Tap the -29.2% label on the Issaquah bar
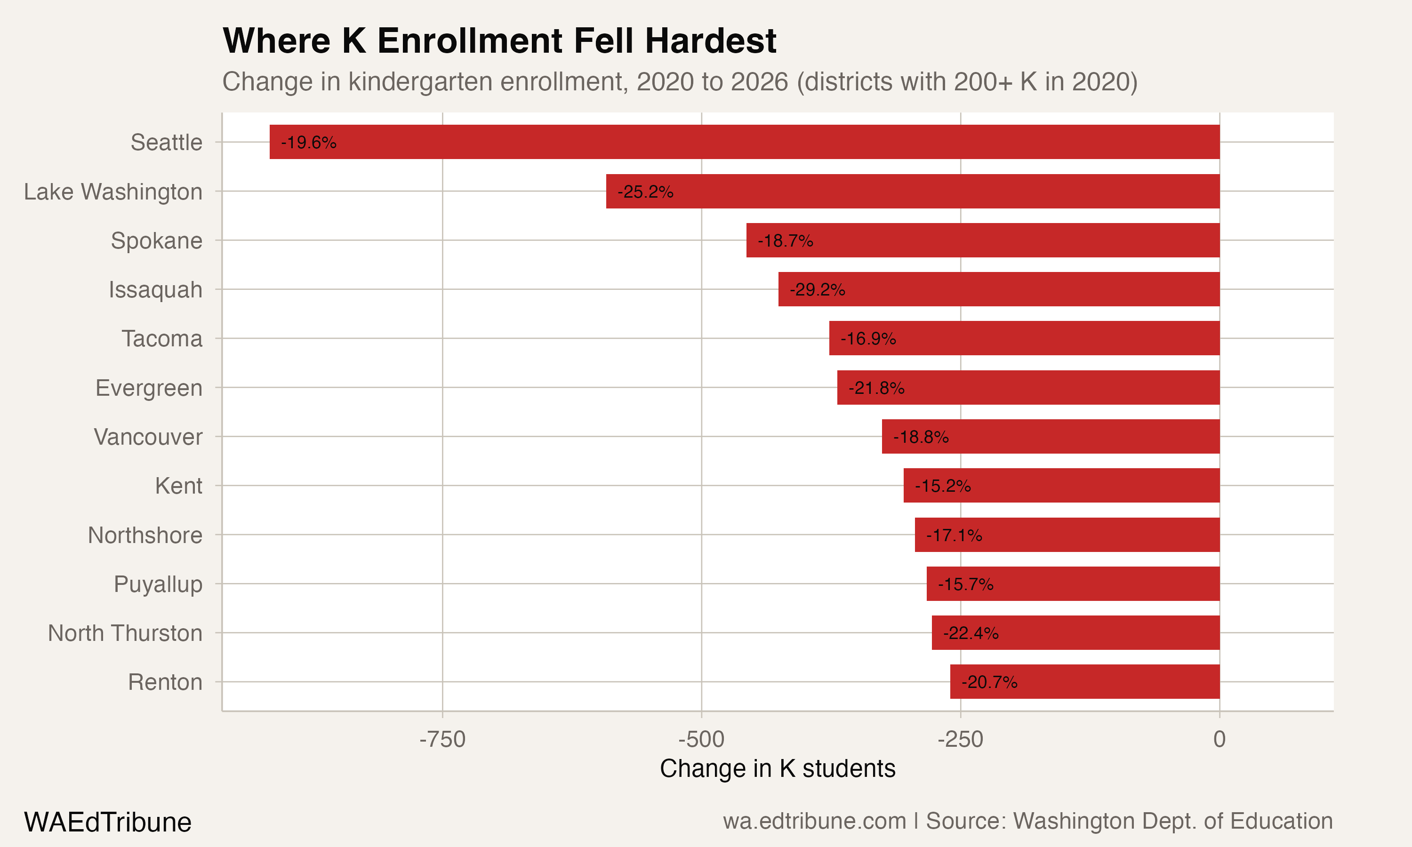tap(817, 289)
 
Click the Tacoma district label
tap(161, 338)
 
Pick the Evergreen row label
tap(148, 388)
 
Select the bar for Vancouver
tap(1050, 437)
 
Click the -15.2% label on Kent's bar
tap(942, 486)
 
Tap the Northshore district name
tap(145, 535)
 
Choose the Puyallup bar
tap(1073, 584)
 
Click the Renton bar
tap(1084, 682)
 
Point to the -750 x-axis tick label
tap(442, 739)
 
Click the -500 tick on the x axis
tap(701, 739)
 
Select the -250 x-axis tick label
tap(960, 739)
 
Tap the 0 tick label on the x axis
tap(1219, 739)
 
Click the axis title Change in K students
tap(778, 768)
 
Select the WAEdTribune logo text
tap(107, 822)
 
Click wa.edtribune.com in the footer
tap(814, 821)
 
